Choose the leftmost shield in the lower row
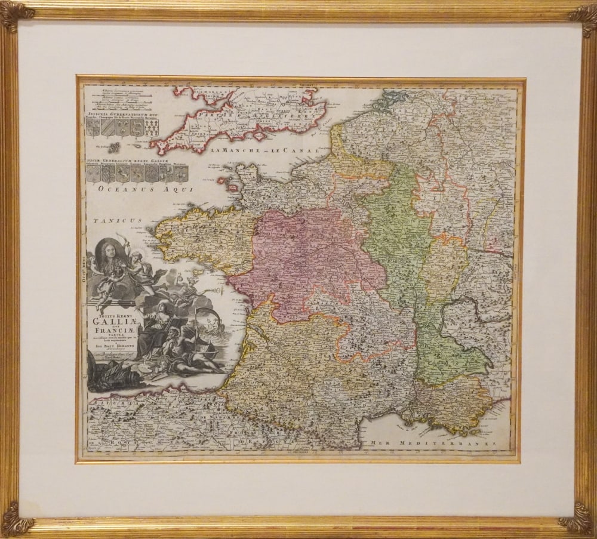[94, 174]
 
